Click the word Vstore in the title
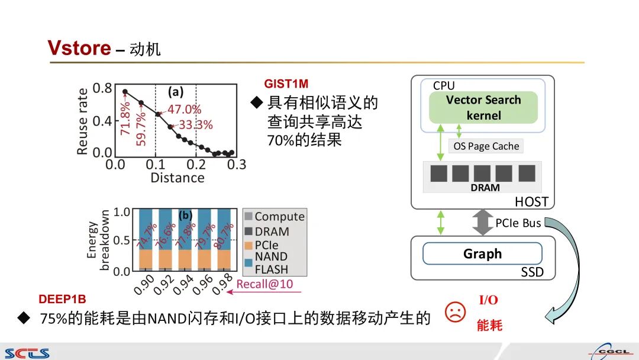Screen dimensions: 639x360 79,48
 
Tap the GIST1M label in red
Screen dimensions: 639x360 286,84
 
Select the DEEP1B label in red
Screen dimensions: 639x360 63,300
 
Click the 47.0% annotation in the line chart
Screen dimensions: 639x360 184,110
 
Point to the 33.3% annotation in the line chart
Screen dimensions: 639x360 195,125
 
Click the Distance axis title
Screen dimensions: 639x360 177,178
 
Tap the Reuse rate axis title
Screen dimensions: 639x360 83,121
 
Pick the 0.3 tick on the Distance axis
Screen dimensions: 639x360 236,165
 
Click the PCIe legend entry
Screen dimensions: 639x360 266,245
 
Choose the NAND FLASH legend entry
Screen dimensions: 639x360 271,262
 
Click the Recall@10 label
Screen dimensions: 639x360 264,284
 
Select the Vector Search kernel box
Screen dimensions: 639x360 483,107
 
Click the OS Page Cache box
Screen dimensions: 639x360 486,146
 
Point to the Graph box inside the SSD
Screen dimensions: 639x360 482,253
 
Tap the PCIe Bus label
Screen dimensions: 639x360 518,223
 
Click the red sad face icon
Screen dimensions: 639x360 455,311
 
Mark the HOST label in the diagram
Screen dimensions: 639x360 531,202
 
